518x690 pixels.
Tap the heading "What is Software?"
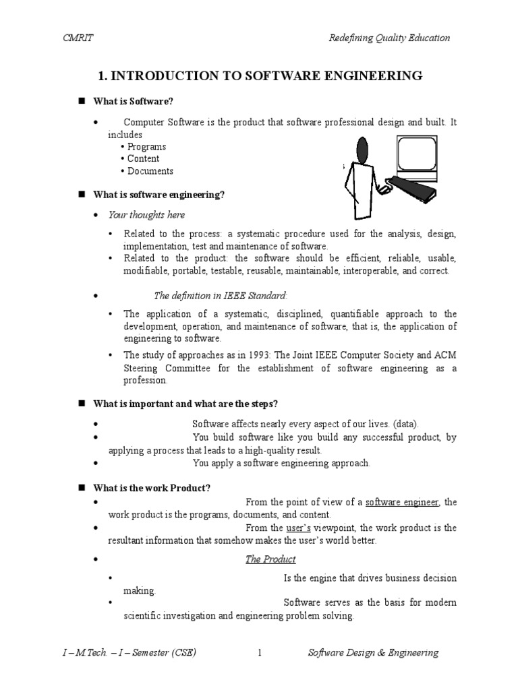(x=134, y=101)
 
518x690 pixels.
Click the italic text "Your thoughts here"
(x=146, y=214)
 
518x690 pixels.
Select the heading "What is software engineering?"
(x=159, y=195)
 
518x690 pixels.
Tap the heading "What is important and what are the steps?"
(x=185, y=404)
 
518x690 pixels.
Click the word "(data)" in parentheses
(x=405, y=424)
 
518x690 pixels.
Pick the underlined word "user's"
(x=298, y=528)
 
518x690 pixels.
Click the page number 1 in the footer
(x=259, y=652)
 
